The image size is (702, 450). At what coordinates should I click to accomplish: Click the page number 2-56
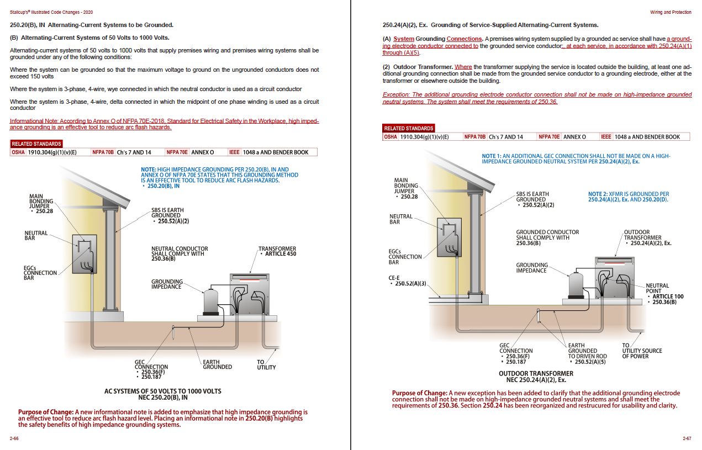pyautogui.click(x=14, y=438)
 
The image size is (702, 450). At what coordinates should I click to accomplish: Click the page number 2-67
pyautogui.click(x=687, y=438)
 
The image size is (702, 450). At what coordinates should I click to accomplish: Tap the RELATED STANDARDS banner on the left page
pyautogui.click(x=36, y=144)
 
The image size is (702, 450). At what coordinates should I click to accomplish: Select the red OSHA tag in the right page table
pyautogui.click(x=390, y=137)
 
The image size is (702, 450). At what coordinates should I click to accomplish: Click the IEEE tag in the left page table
pyautogui.click(x=233, y=152)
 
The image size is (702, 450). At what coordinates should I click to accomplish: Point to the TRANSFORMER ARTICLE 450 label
pyautogui.click(x=277, y=251)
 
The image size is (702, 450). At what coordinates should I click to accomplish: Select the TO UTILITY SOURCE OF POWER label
pyautogui.click(x=641, y=351)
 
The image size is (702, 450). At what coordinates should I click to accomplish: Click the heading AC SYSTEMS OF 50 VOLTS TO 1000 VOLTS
pyautogui.click(x=162, y=391)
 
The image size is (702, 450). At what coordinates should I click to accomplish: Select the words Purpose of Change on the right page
pyautogui.click(x=420, y=393)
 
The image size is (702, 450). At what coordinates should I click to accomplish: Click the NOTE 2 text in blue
pyautogui.click(x=628, y=197)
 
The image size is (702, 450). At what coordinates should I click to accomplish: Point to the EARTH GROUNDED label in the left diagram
pyautogui.click(x=217, y=364)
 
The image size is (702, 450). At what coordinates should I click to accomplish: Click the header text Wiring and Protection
pyautogui.click(x=670, y=12)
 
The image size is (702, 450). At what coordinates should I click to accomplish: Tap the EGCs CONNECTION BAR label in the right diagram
pyautogui.click(x=405, y=257)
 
